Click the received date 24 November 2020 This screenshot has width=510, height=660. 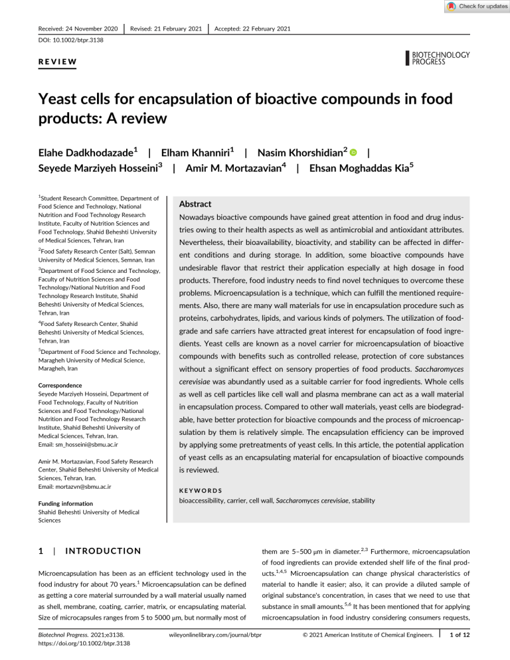[78, 29]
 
